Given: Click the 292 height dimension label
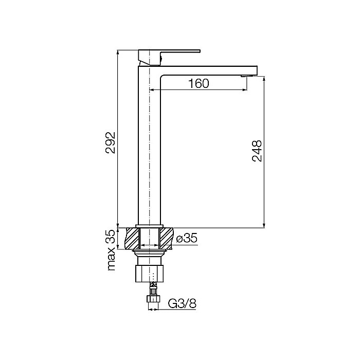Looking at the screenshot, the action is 110,142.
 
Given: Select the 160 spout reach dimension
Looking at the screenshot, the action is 199,83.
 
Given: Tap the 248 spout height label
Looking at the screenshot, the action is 257,151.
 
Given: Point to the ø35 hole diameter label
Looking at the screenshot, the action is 187,238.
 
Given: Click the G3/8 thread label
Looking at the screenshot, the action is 182,303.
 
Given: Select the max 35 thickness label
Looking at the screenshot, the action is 111,250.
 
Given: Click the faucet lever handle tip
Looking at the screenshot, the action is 200,51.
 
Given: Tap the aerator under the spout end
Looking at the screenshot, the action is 247,76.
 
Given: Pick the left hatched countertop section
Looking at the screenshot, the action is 132,238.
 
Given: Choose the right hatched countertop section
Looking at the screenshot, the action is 166,238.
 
